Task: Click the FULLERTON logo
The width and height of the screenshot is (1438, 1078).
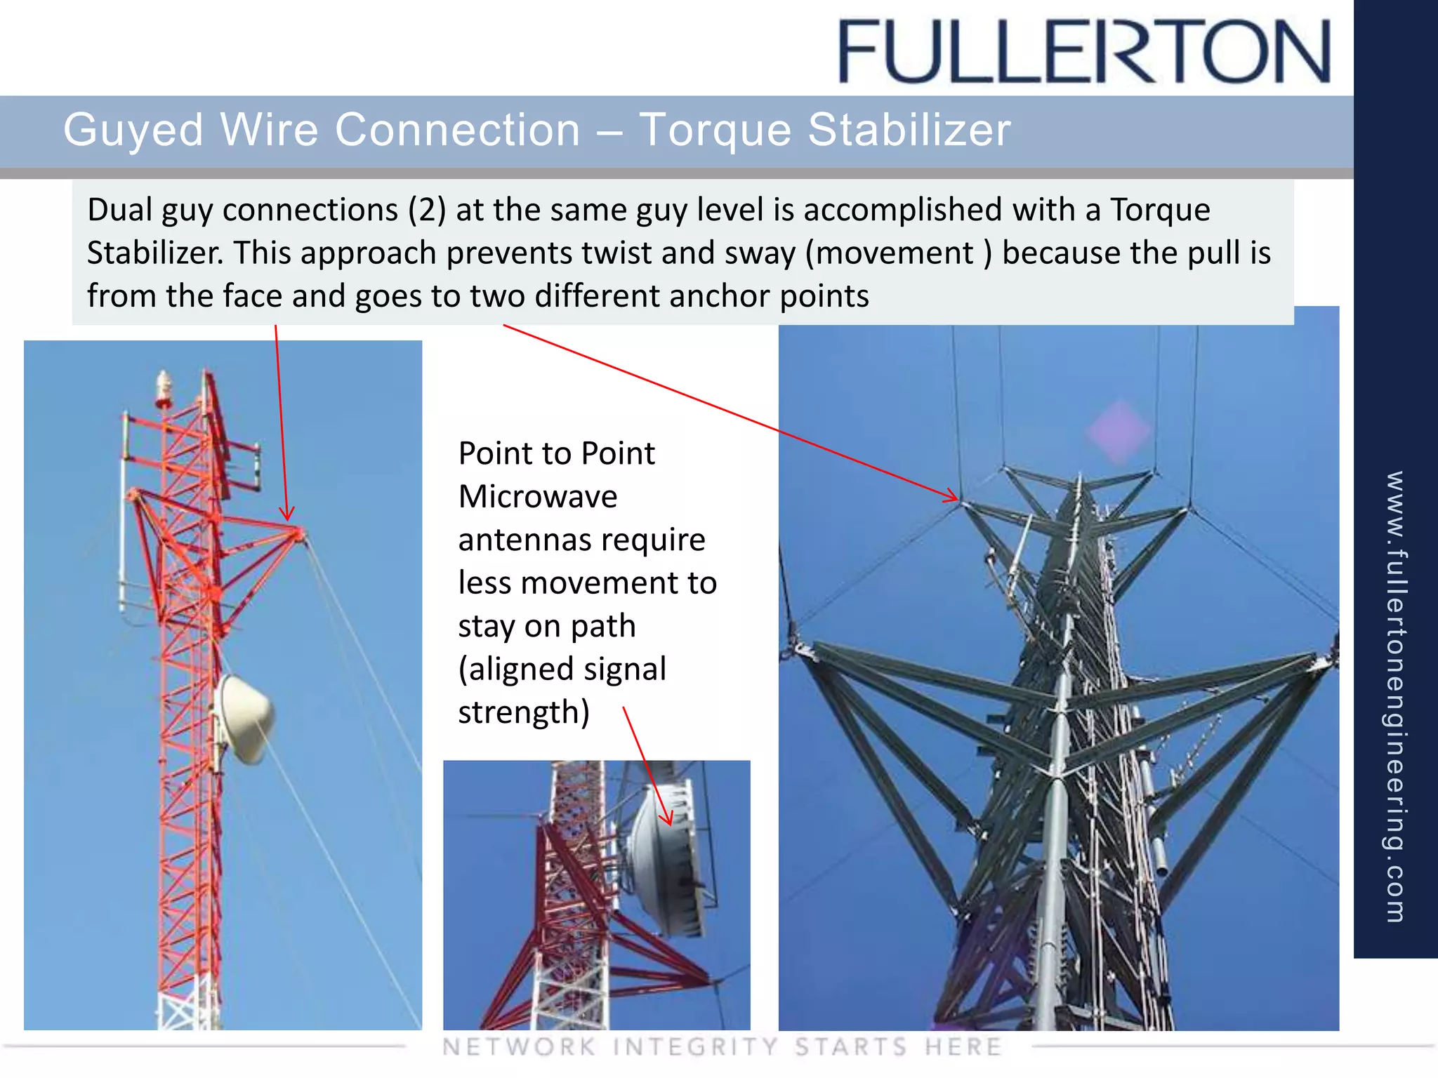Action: point(1084,52)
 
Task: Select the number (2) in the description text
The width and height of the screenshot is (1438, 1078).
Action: point(427,210)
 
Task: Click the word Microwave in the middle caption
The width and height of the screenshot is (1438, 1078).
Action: point(538,497)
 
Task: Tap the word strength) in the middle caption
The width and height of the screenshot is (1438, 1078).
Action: point(524,712)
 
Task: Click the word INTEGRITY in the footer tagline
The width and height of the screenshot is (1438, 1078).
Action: point(695,1047)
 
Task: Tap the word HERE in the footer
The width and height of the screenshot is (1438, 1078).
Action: point(963,1047)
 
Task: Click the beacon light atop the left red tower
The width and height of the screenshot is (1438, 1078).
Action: point(164,388)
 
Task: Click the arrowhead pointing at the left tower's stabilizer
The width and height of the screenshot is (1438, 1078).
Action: point(287,517)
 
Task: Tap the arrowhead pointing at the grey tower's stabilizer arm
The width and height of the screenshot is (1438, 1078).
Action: point(954,498)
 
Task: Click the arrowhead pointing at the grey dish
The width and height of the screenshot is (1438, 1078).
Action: point(668,820)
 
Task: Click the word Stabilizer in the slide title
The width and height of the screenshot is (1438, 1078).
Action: point(909,130)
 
